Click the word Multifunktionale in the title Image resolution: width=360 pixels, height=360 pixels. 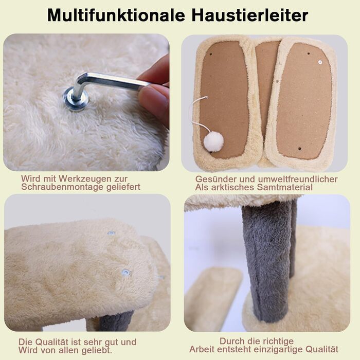[x=116, y=15]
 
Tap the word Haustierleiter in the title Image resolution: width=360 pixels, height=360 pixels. [x=250, y=15]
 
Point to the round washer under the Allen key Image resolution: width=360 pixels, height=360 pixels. [x=75, y=99]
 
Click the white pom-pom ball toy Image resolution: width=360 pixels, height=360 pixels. [x=213, y=141]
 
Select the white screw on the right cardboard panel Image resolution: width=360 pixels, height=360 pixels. [x=320, y=62]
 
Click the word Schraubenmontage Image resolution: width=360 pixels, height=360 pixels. [x=62, y=187]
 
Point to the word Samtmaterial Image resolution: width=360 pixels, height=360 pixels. [x=285, y=187]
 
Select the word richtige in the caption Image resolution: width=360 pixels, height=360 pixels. [x=275, y=341]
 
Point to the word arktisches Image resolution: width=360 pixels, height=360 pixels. [x=232, y=187]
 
